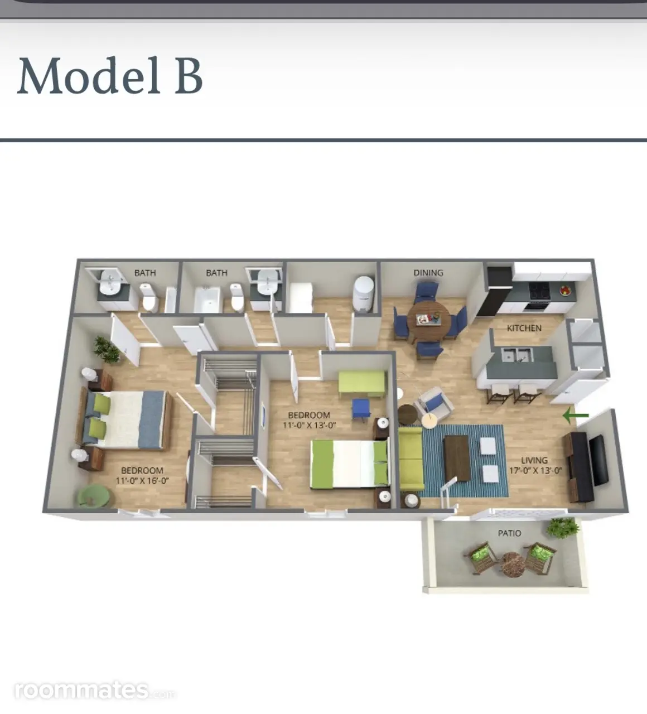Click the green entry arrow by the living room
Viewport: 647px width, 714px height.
(x=576, y=415)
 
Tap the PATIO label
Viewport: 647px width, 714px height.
(x=509, y=533)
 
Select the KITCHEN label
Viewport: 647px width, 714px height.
(x=524, y=328)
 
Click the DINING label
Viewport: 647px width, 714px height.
(x=428, y=273)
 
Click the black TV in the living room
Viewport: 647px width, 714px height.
(x=598, y=460)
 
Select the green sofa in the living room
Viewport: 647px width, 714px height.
(x=411, y=459)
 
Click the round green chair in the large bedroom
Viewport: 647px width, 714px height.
(x=95, y=497)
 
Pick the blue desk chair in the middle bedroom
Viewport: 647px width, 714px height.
(x=361, y=409)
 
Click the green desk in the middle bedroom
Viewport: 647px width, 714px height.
(x=363, y=384)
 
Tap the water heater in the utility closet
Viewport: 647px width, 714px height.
(x=364, y=294)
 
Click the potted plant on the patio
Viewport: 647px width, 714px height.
(x=562, y=527)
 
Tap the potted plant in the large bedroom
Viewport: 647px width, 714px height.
(x=107, y=350)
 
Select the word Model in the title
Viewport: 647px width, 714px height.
(x=89, y=76)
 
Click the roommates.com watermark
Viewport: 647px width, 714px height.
(x=95, y=691)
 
